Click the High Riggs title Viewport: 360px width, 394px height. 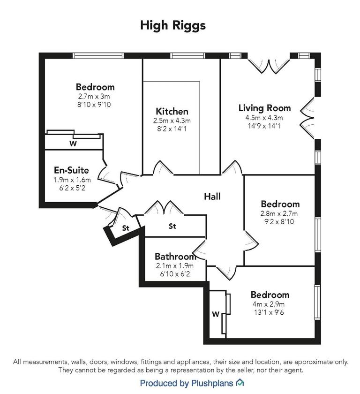[173, 25]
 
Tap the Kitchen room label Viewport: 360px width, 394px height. [172, 112]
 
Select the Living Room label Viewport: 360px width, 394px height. [264, 108]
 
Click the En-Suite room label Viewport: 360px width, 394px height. [71, 170]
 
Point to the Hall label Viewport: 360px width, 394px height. [212, 197]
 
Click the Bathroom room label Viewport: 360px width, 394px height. [175, 257]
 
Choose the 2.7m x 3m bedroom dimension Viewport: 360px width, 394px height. [95, 96]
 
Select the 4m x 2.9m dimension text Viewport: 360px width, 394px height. [270, 304]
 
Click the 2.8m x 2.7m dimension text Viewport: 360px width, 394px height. [280, 213]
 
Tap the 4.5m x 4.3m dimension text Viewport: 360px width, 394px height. [264, 117]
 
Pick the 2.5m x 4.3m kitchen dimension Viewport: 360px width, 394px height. [172, 121]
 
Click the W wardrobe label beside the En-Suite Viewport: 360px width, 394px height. [73, 144]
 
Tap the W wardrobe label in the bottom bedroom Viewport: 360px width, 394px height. [216, 314]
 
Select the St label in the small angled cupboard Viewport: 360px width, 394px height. [126, 228]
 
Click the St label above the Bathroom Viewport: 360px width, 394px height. [172, 227]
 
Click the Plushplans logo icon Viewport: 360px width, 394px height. [240, 383]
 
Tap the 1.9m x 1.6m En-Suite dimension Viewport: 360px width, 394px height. [72, 179]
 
